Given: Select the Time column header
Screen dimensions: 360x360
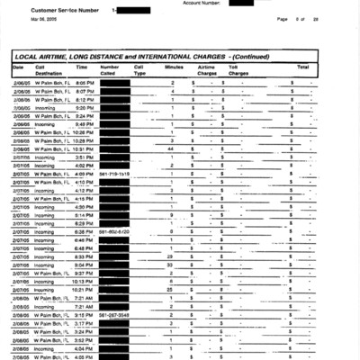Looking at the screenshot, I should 82,67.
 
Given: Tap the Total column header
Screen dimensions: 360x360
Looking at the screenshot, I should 302,67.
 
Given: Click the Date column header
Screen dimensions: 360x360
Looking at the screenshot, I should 18,67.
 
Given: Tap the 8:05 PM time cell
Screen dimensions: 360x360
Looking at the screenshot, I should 85,82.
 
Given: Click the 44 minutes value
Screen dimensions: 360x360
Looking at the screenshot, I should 171,148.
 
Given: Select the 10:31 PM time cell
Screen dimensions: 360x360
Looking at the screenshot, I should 85,148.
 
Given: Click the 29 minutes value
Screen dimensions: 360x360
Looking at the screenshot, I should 171,256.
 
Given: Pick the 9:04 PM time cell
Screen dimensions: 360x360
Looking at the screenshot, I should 85,265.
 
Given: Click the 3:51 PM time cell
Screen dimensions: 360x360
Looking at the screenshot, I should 85,157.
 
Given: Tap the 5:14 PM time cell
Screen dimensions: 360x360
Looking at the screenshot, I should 85,215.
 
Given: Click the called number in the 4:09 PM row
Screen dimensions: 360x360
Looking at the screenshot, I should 115,174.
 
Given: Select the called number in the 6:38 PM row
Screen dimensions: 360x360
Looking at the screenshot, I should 115,231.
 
